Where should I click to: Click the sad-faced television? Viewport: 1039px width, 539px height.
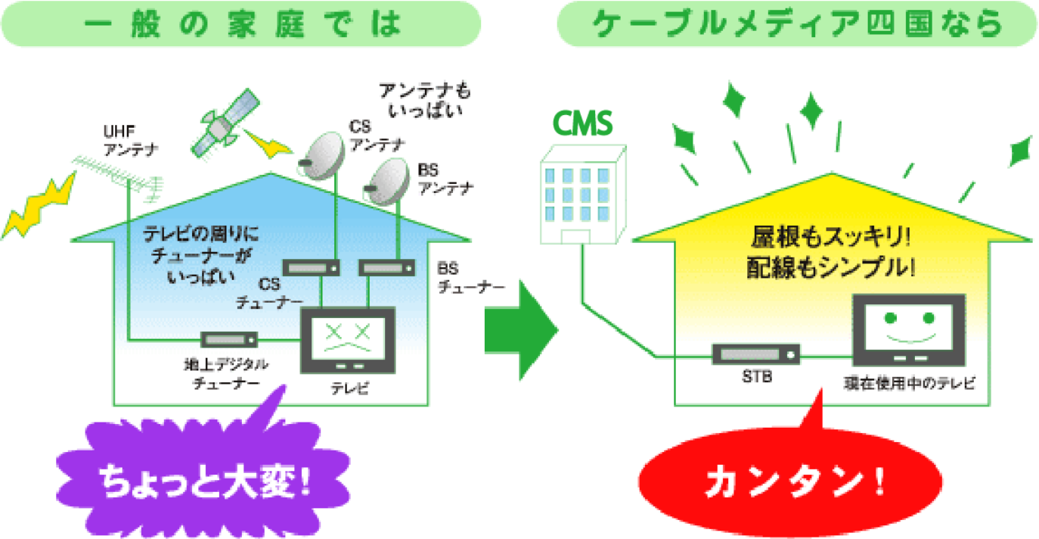pyautogui.click(x=348, y=340)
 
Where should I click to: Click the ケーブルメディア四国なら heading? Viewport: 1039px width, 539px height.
pyautogui.click(x=796, y=24)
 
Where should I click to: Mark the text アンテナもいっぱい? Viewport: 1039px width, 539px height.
pyautogui.click(x=425, y=100)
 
